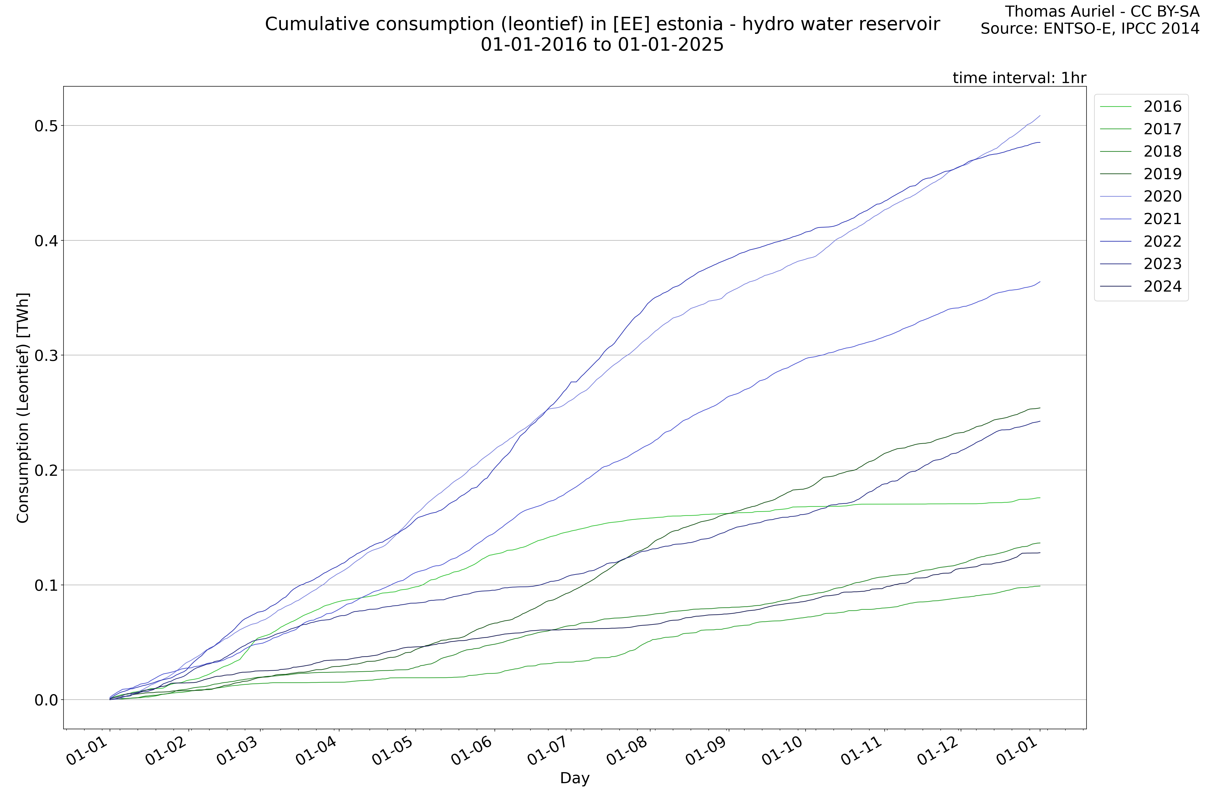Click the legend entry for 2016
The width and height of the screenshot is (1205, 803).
point(1162,106)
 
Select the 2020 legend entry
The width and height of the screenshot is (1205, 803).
point(1162,196)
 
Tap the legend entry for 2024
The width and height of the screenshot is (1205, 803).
point(1162,286)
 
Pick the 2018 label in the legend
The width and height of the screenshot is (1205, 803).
point(1162,152)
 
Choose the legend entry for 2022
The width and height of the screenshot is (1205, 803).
point(1162,241)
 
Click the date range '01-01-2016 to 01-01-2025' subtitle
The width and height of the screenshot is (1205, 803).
point(602,45)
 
